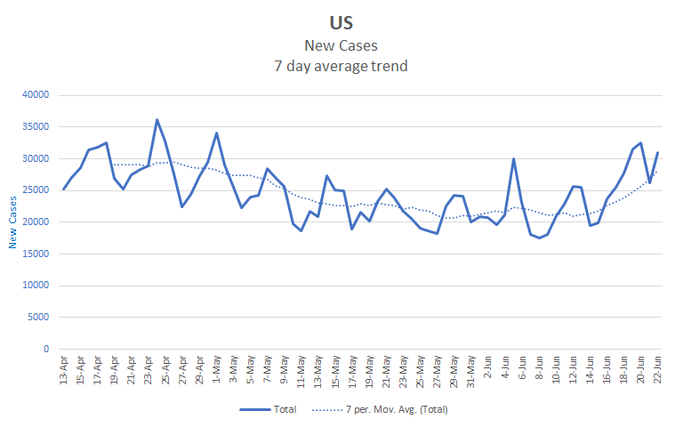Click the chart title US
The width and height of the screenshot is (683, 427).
pos(341,22)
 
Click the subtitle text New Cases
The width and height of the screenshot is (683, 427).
pos(341,45)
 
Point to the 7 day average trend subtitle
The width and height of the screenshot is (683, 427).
pos(341,65)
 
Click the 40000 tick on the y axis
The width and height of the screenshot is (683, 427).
pos(33,95)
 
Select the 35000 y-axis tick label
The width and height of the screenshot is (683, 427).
pos(33,127)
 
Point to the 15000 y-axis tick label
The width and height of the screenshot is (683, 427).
pos(33,254)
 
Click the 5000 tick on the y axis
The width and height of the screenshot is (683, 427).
pos(36,318)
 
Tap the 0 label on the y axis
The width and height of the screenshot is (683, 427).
pos(44,349)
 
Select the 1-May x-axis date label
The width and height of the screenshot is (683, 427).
pos(216,370)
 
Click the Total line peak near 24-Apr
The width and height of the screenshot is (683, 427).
pos(157,119)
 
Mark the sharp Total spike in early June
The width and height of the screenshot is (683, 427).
pos(514,159)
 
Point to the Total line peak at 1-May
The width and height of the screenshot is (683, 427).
pos(216,133)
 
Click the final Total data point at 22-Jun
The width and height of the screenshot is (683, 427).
pos(658,152)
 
